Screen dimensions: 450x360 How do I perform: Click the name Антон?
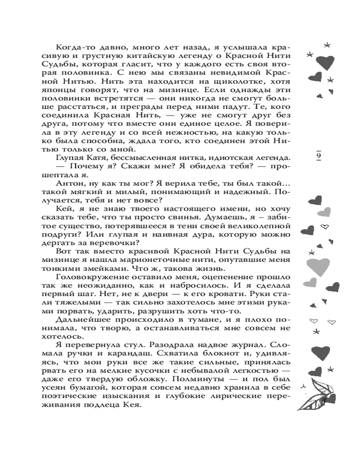click(x=69, y=185)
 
